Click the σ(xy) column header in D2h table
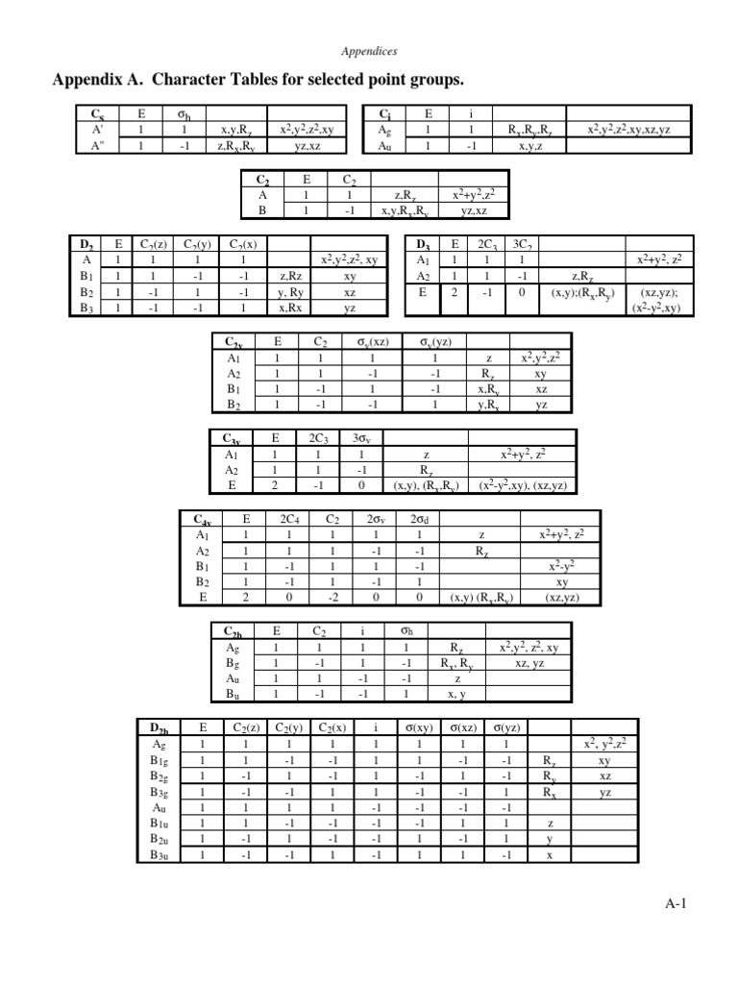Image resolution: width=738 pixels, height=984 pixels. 417,727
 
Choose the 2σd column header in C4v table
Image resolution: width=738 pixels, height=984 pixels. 419,518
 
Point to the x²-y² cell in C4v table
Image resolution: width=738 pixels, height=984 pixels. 559,566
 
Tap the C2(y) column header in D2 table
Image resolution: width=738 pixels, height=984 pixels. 195,243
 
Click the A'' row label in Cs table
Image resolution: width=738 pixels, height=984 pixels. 98,146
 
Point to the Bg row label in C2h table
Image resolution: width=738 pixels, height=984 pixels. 233,662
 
